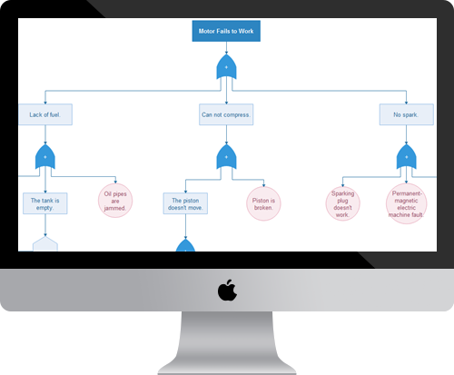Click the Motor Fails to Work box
coord(227,32)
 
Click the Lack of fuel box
coord(44,115)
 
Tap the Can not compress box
coord(226,115)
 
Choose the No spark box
coord(406,115)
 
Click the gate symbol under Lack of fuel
coord(45,158)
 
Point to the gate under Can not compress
coord(226,158)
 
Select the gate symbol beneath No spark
coord(406,158)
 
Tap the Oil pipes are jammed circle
coord(115,202)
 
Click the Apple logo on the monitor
coord(227,291)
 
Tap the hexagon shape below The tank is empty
coord(45,244)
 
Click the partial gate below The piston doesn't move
coord(185,245)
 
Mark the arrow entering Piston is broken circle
coord(264,183)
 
